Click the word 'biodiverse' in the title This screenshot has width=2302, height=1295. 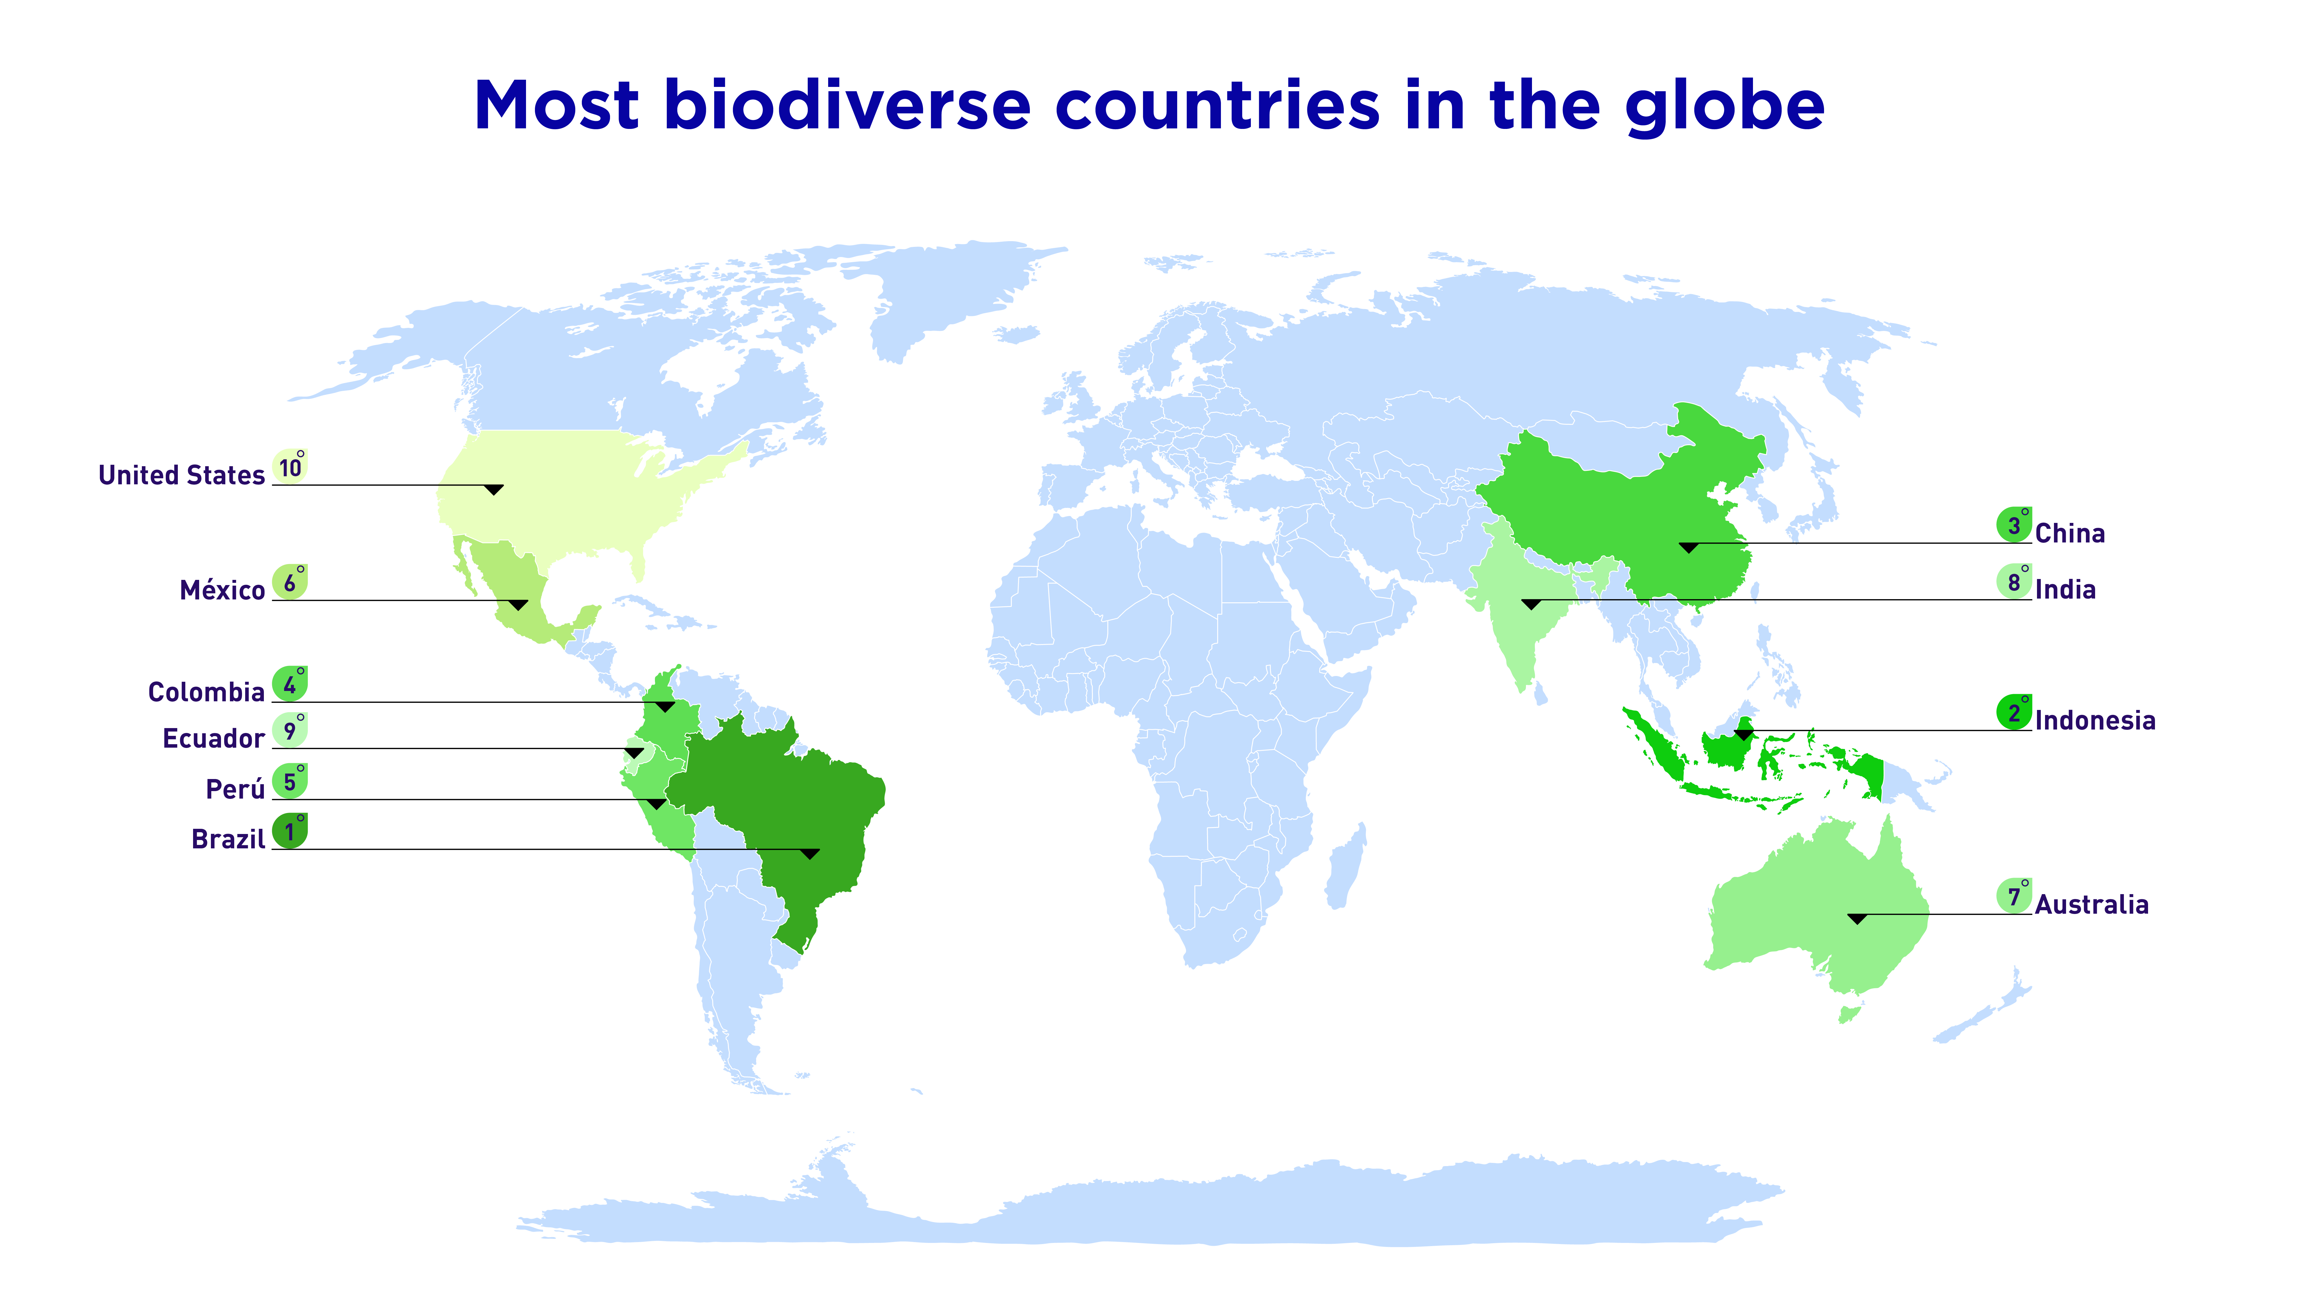847,105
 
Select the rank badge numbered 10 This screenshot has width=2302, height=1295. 289,466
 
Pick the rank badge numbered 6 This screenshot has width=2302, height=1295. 289,582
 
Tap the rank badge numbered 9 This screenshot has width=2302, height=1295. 289,730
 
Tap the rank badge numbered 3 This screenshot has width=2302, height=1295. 2014,525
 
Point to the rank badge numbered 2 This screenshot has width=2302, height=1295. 2014,712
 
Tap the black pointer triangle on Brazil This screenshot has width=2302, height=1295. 810,854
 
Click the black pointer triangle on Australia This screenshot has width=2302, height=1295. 1858,919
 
